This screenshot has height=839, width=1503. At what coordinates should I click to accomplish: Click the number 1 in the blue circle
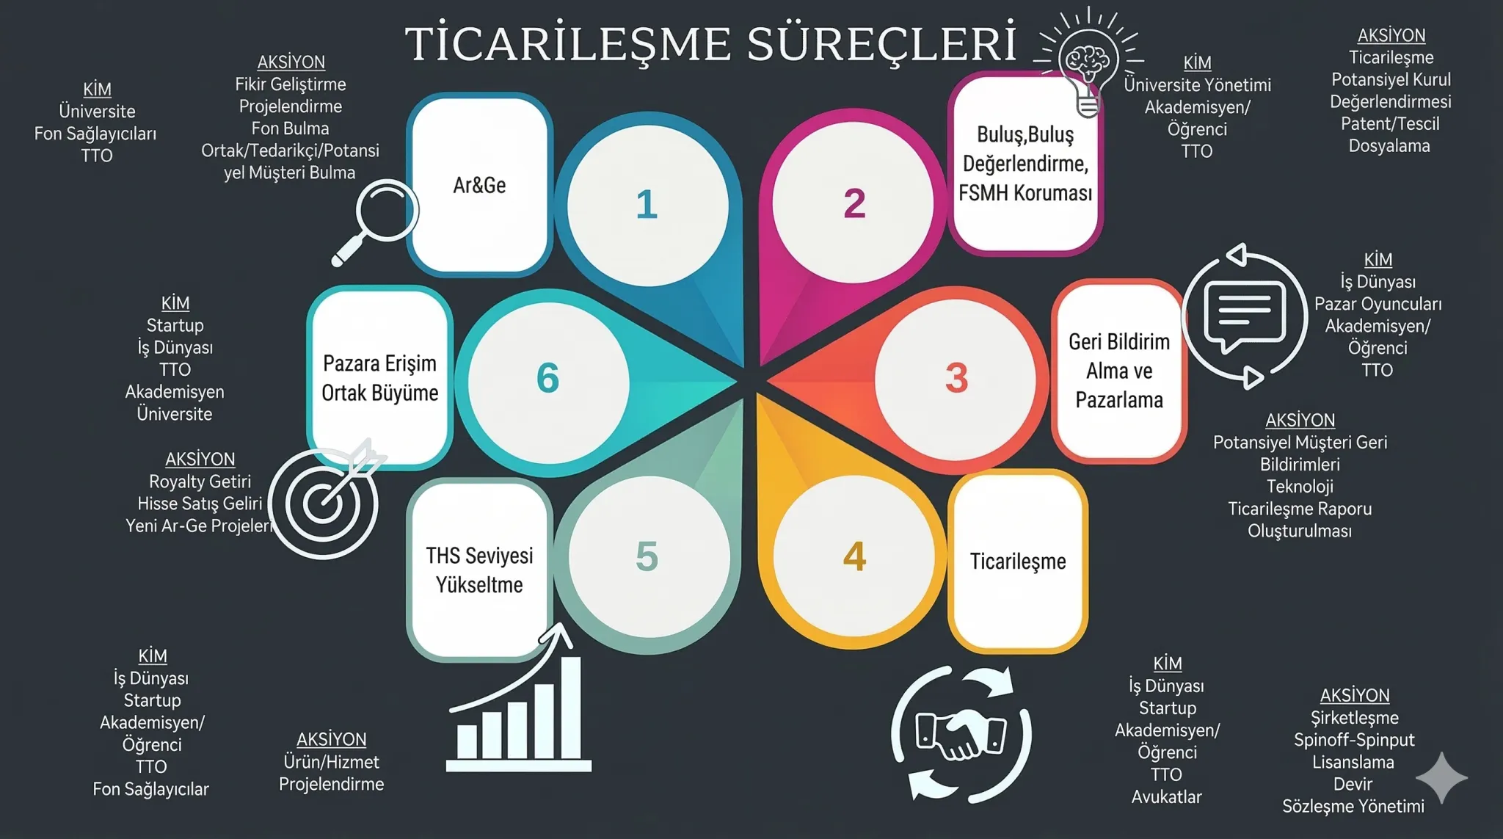click(x=647, y=204)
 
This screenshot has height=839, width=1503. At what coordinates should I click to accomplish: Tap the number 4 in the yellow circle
click(x=854, y=556)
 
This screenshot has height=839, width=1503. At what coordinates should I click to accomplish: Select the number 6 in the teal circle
click(x=547, y=378)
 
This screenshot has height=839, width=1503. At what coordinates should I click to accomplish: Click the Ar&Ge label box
click(x=479, y=184)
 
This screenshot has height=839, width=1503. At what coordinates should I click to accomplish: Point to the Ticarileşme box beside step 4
click(x=1018, y=562)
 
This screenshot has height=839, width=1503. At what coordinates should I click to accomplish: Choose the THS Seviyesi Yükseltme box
click(x=479, y=570)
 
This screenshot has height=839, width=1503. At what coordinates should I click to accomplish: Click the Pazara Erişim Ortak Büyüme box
click(x=379, y=377)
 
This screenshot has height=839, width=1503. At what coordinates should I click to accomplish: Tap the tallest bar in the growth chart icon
click(x=570, y=708)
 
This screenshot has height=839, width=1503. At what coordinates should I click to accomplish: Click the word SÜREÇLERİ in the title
click(x=882, y=43)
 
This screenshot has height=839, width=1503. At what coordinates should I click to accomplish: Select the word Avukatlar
click(x=1166, y=796)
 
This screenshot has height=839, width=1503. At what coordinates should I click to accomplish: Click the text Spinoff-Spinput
click(x=1354, y=739)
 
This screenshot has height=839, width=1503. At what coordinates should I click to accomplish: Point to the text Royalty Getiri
click(x=200, y=482)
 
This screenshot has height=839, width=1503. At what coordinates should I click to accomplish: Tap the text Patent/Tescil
click(x=1390, y=123)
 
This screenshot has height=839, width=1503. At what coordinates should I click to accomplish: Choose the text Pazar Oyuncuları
click(x=1378, y=304)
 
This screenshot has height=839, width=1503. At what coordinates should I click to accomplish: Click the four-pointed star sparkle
click(x=1441, y=777)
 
